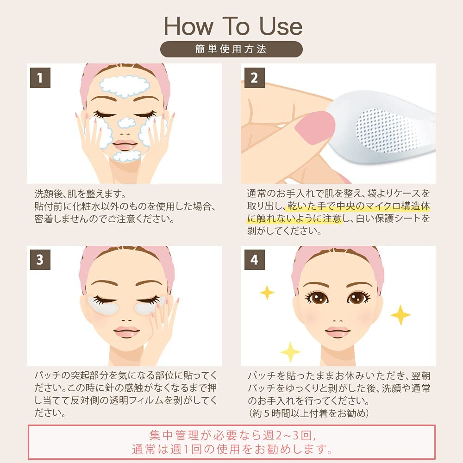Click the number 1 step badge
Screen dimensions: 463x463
(x=40, y=78)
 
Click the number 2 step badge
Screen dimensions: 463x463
(x=254, y=78)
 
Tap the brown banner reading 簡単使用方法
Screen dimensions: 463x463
(x=231, y=49)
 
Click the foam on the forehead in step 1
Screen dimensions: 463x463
(x=125, y=85)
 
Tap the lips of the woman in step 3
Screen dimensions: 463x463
(x=126, y=332)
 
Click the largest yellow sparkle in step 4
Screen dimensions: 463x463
(x=400, y=315)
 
